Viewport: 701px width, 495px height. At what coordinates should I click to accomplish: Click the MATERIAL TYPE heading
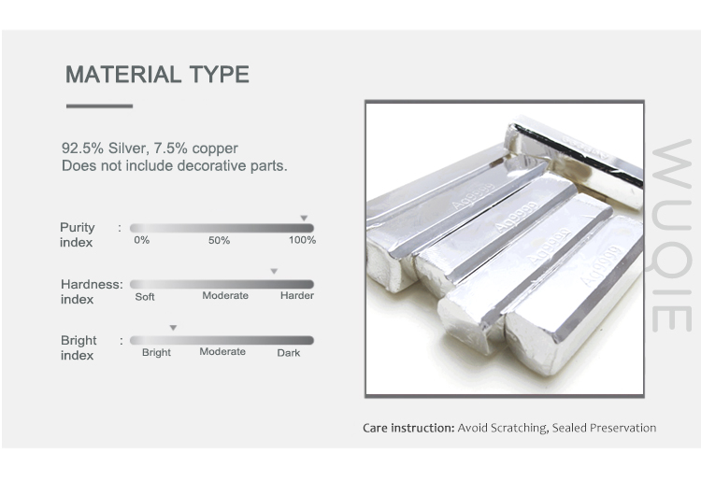(157, 74)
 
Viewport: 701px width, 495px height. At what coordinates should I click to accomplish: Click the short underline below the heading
(99, 106)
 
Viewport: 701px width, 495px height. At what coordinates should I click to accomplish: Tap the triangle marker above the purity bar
(304, 218)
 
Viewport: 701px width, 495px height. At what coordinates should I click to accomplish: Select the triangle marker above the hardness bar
(274, 271)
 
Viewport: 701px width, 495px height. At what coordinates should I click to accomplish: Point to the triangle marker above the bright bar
(174, 328)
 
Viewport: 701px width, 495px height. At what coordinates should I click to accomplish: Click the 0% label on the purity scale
(142, 240)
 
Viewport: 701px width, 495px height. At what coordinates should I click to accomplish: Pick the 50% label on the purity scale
(219, 240)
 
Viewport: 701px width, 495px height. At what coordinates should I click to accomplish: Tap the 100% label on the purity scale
(302, 240)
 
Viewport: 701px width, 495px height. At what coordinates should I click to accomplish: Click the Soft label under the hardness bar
(145, 297)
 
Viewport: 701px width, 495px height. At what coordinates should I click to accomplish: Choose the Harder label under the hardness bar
(297, 295)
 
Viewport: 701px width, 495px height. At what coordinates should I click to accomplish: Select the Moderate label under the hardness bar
(225, 295)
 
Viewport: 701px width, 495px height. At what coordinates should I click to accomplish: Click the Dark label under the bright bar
(289, 353)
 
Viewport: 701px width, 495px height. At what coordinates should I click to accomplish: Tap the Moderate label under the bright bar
(222, 351)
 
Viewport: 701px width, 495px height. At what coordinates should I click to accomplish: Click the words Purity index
(78, 234)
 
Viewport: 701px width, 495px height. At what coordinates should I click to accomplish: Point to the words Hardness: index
(92, 291)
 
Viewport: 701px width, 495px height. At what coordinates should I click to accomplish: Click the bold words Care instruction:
(408, 428)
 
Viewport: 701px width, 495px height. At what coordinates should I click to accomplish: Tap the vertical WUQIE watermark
(671, 235)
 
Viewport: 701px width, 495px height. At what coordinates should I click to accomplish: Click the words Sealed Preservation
(604, 428)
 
